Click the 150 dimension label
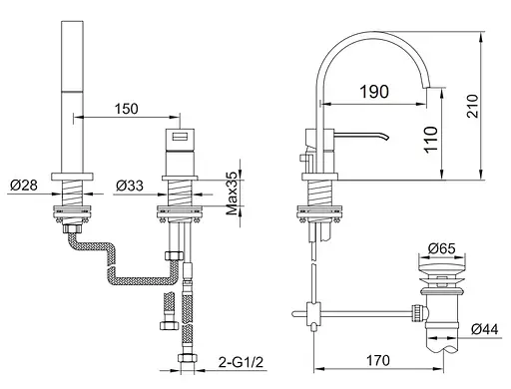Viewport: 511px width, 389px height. coord(126,109)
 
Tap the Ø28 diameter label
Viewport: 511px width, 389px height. coord(24,185)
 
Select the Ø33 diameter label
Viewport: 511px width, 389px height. coord(130,186)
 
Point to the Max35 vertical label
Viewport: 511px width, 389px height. coord(232,194)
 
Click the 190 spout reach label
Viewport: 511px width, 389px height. coord(374,92)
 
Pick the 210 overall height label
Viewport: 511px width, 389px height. coord(472,106)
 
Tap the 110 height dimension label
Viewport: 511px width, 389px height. coord(431,140)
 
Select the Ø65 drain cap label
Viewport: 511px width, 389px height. coord(442,248)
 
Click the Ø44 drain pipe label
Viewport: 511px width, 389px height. coord(485,329)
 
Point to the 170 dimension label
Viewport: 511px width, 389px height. coord(378,360)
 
